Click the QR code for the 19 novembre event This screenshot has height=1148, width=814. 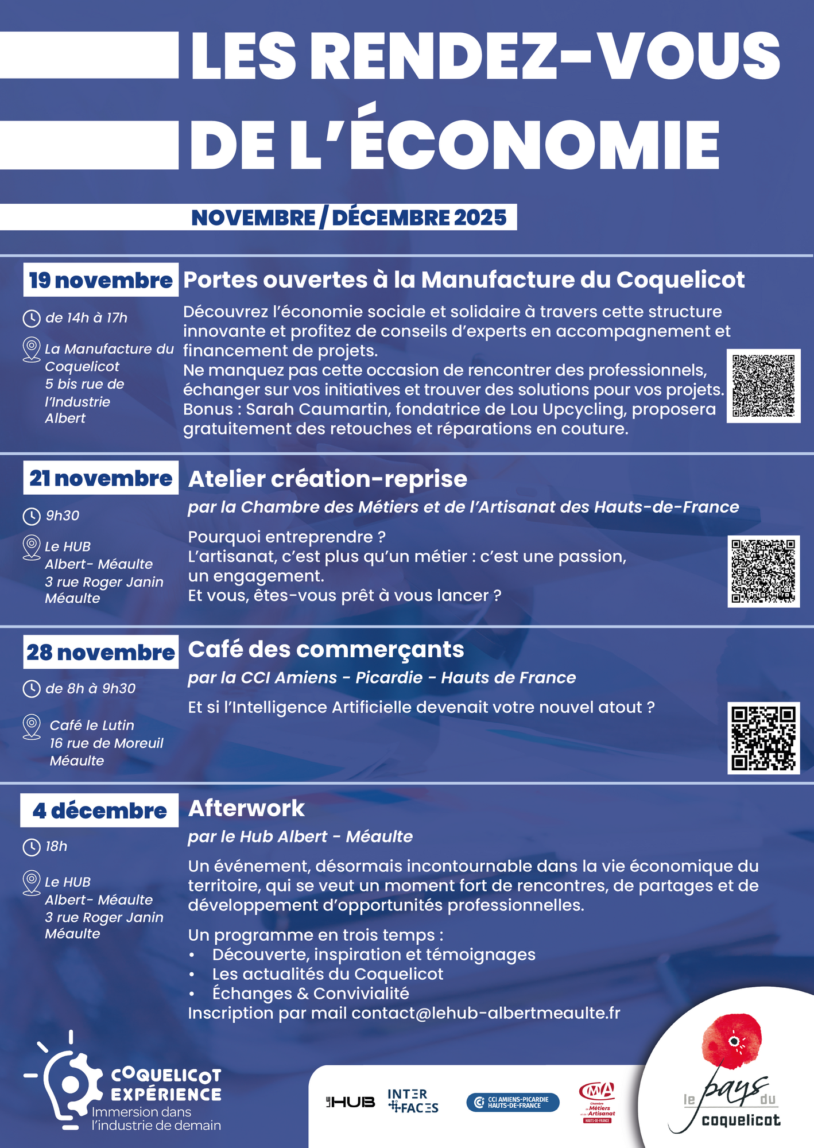pos(763,386)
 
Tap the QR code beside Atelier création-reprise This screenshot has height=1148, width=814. pos(763,571)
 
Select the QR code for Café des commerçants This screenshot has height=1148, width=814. pos(763,738)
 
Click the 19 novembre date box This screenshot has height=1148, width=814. pos(101,280)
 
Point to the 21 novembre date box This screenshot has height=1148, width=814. pos(101,478)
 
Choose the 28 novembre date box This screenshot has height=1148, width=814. pos(101,652)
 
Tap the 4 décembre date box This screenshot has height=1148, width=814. pos(99,810)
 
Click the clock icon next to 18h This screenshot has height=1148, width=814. pos(31,847)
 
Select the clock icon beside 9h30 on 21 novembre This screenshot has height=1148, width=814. pos(31,516)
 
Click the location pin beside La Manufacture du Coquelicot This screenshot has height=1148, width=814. pos(31,349)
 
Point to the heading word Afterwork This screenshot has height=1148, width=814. pos(246,808)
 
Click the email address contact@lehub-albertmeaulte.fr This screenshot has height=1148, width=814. pos(486,1013)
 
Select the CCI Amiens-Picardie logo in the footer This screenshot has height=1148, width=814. pos(513,1102)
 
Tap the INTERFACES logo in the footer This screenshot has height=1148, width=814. pos(413,1101)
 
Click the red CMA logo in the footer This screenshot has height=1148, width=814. pos(597,1101)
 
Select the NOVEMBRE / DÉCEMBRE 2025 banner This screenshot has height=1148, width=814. pos(349,218)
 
